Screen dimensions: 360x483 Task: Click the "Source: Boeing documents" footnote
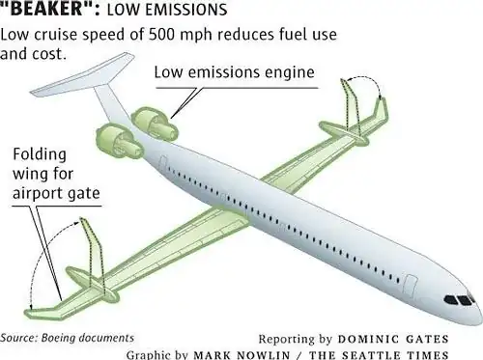pos(68,338)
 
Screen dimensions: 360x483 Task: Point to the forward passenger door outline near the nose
pos(411,287)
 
